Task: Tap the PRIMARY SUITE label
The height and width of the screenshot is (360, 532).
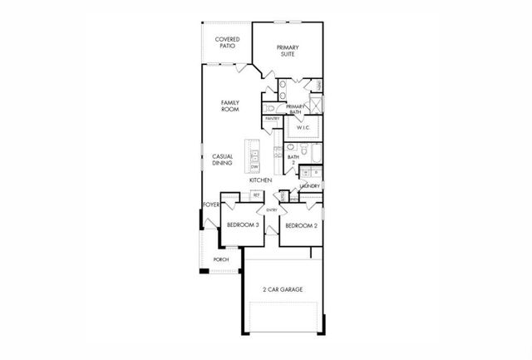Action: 287,51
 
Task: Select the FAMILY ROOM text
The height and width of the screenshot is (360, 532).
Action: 230,106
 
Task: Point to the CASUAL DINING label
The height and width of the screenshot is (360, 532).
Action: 222,160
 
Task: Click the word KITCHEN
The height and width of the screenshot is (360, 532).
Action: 261,180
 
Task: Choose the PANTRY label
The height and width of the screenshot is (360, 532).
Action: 272,119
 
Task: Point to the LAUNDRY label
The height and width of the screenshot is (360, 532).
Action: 310,186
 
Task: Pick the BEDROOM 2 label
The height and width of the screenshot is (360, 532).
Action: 302,225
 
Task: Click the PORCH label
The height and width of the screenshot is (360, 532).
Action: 221,259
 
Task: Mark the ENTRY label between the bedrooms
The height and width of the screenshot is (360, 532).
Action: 272,210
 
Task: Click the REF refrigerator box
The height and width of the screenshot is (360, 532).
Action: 257,195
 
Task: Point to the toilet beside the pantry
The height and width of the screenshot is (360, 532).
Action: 268,107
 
